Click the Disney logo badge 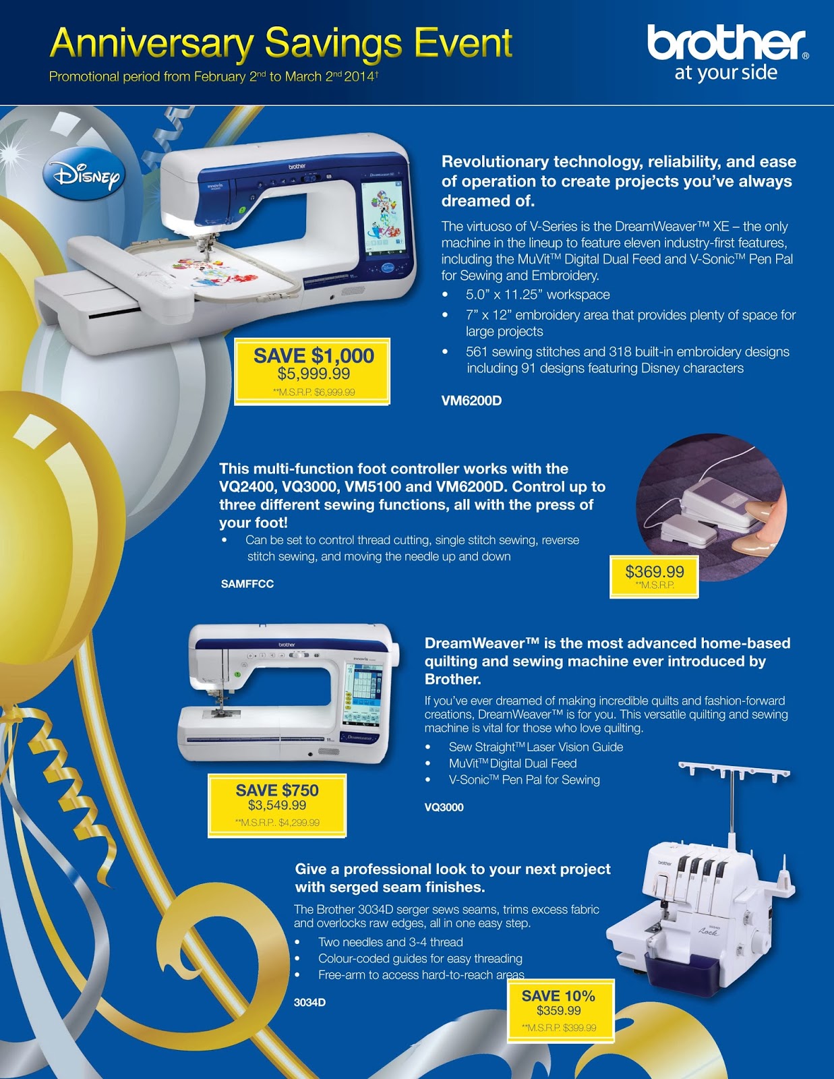click(x=84, y=173)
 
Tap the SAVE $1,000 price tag click(x=312, y=372)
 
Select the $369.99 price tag click(x=654, y=577)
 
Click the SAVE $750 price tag click(x=277, y=805)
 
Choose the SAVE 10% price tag click(x=560, y=1011)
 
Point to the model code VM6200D click(x=471, y=401)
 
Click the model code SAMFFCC click(x=247, y=584)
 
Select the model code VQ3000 click(x=444, y=807)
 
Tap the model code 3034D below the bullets click(x=309, y=1002)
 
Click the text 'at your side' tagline click(x=725, y=73)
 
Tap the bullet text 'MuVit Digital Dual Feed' click(x=513, y=763)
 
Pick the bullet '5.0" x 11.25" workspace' click(x=537, y=295)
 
